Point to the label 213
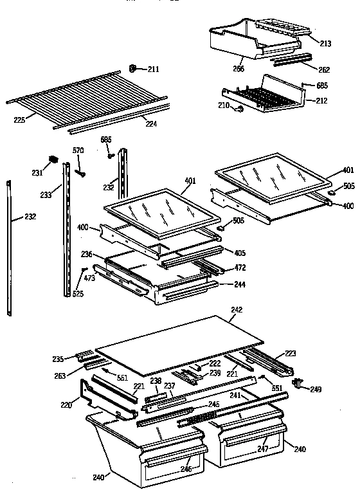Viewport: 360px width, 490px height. [325, 44]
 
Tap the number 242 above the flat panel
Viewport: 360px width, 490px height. [237, 310]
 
